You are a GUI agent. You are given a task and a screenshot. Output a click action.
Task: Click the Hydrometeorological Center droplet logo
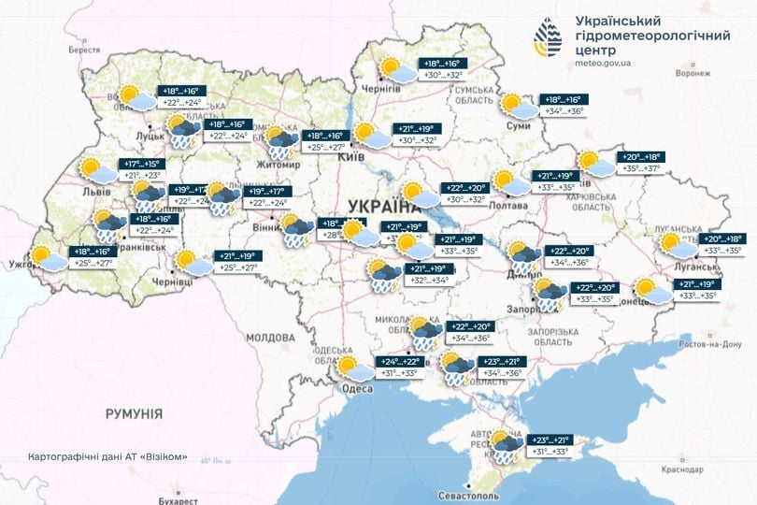pos(549,38)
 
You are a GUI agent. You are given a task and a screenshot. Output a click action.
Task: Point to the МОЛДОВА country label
pos(270,337)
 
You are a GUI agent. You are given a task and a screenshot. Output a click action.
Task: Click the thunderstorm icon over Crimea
pos(506,447)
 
